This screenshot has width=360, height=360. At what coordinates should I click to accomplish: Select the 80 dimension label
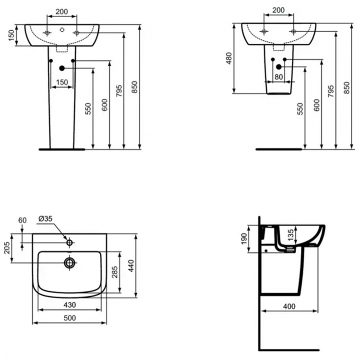coord(279,76)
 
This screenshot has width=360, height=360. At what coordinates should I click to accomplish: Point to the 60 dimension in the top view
coord(22,220)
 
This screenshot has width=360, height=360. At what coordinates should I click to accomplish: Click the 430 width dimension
coord(70,305)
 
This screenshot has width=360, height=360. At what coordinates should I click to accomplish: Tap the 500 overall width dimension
coord(70,318)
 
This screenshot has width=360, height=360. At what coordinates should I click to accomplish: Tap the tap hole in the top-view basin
coord(70,243)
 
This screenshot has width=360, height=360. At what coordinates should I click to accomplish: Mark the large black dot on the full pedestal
coord(61,68)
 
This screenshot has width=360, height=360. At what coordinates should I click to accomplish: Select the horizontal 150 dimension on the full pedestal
coord(61,82)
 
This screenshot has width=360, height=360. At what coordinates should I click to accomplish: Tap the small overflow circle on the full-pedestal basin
coord(61,29)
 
